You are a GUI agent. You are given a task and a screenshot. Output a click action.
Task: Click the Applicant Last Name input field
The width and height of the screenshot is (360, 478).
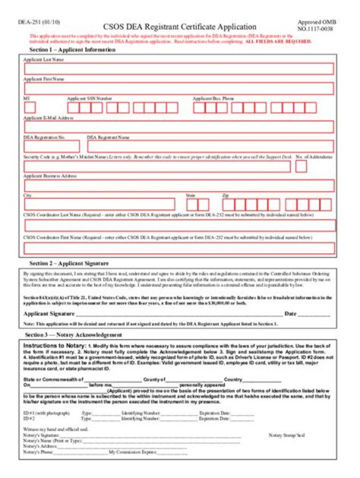coord(178,69)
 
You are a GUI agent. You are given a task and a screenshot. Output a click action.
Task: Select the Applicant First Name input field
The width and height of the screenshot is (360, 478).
coord(178,88)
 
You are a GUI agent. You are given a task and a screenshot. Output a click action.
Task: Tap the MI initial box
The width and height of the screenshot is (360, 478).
coord(30,107)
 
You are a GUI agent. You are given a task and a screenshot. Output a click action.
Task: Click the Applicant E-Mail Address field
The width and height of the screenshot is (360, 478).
coord(178,127)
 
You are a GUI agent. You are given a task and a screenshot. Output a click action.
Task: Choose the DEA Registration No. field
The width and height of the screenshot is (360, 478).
coord(51,146)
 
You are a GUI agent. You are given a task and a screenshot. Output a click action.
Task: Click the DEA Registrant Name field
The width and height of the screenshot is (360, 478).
coord(210,146)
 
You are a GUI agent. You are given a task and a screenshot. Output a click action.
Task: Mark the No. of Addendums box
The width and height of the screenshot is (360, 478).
coord(301,166)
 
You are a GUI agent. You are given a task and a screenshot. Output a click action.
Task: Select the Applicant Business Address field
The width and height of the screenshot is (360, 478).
coord(178,186)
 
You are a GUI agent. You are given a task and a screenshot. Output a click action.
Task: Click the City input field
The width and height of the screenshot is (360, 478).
coord(99,204)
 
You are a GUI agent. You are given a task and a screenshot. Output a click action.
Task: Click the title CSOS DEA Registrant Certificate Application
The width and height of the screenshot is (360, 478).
coord(179,27)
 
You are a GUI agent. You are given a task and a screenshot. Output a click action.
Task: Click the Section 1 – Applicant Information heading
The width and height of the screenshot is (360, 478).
coord(72,50)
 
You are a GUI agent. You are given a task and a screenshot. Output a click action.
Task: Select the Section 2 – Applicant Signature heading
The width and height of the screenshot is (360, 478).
coord(69,263)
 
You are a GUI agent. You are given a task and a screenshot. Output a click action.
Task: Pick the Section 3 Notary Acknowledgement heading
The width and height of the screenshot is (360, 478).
coord(73,335)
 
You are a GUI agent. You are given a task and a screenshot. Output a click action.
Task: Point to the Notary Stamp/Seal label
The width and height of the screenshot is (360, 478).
coord(286,436)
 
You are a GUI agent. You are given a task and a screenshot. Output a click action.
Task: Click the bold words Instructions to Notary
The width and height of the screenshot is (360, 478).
coord(55,346)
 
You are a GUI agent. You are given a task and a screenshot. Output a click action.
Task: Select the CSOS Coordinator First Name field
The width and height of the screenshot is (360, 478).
coord(178,248)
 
